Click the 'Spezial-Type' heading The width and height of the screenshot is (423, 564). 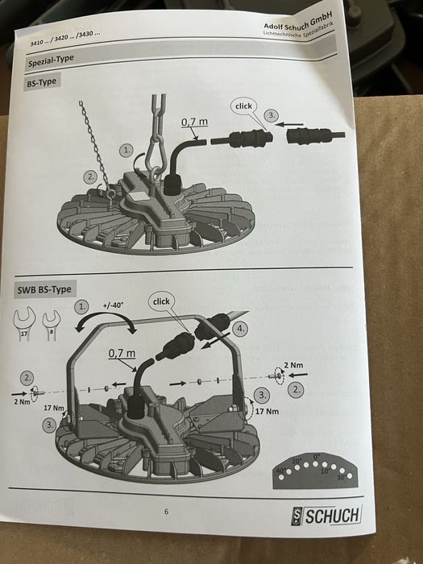51,60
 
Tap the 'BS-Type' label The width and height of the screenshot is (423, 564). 41,82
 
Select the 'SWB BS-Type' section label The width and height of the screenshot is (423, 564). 44,289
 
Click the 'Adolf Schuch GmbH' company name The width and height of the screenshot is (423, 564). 297,21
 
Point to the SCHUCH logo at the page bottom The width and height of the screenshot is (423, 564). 326,515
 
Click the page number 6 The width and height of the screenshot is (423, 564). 166,512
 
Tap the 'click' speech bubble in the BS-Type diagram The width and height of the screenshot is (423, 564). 243,106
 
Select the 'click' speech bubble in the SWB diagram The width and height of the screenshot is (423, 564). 161,301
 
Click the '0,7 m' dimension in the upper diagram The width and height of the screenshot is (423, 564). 194,122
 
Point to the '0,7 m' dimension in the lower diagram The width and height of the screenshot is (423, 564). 122,353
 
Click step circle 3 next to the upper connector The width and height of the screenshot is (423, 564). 272,116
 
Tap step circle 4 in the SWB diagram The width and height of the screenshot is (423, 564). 240,329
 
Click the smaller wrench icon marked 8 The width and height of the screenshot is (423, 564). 52,326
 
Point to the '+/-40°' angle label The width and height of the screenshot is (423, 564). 113,305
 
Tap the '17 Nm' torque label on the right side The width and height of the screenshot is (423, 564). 267,411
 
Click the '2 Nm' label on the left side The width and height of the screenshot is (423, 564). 22,401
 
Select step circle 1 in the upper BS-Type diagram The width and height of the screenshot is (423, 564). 126,151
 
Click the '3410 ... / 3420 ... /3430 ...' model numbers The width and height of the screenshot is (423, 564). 65,38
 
